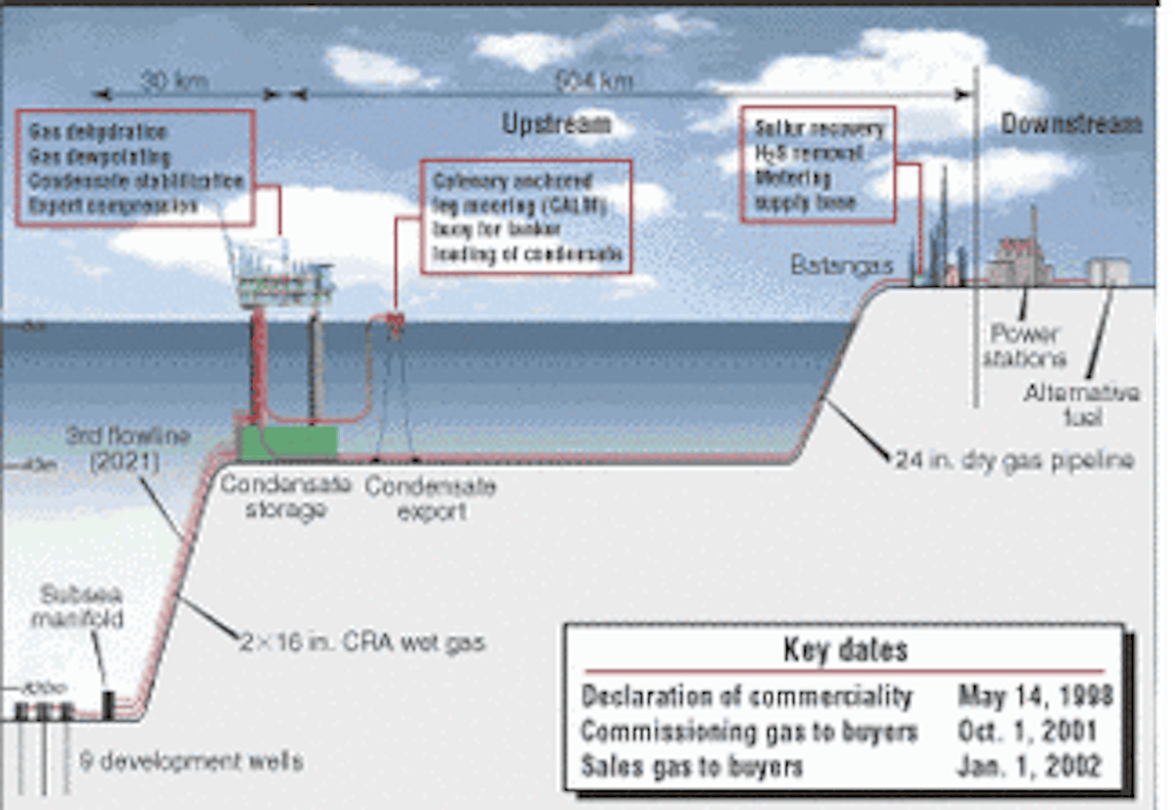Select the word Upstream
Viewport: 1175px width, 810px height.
coord(556,124)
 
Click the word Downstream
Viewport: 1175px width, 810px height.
coord(1070,124)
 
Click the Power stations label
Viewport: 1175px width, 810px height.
coord(1024,345)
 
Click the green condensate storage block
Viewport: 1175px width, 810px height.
coord(288,442)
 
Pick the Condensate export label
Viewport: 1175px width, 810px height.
coord(431,498)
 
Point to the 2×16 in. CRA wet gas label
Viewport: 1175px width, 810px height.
coord(362,643)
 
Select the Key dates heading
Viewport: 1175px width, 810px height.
coord(845,649)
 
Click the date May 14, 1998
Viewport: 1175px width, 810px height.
coord(1035,696)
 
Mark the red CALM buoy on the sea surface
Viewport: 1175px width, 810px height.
coord(396,319)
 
